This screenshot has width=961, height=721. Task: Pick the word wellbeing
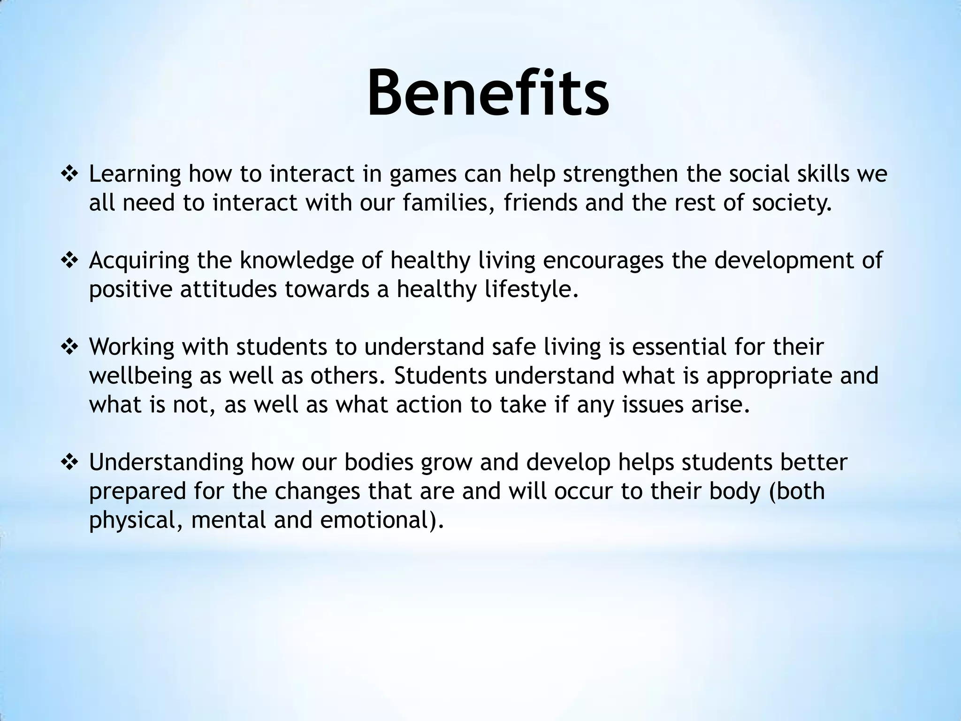tap(141, 376)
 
